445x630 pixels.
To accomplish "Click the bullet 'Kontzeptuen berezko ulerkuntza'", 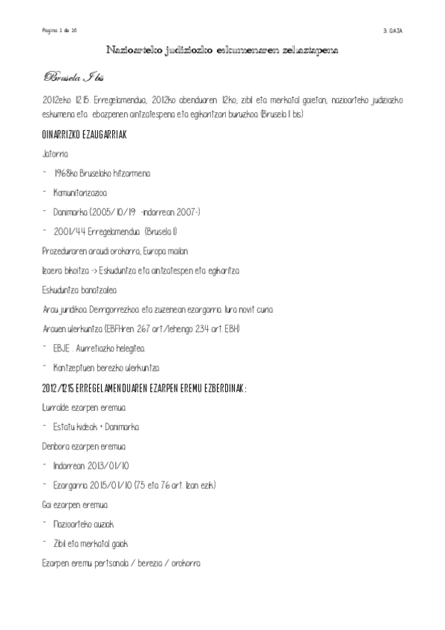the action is (106, 367).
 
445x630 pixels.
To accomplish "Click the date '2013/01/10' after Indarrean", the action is (103, 465).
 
